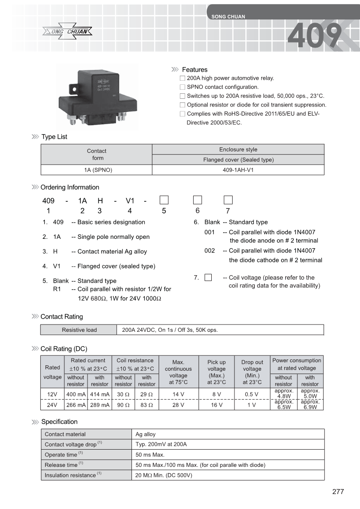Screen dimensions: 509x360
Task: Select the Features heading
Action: coord(195,70)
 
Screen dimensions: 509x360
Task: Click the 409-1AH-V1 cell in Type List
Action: coord(238,170)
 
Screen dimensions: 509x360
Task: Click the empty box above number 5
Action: coord(164,199)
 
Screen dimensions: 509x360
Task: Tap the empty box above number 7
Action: coord(228,199)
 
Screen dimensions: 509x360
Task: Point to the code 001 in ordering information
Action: coord(209,232)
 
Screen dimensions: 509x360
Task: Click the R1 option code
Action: coord(57,289)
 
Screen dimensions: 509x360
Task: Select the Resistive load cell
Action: coord(79,330)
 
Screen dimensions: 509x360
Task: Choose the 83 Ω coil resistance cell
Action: coord(147,405)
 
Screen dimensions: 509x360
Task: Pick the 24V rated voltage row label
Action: coord(53,405)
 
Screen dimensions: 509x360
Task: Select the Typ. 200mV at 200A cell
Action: coord(161,445)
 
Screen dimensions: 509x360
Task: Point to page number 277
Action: coord(338,492)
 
